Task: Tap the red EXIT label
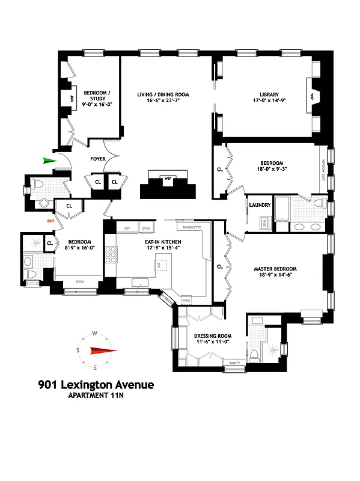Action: point(50,221)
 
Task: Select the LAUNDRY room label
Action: point(260,205)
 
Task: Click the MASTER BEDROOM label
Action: point(275,269)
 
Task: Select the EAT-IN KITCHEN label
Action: point(158,241)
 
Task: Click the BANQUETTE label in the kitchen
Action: point(189,228)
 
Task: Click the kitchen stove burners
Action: point(111,255)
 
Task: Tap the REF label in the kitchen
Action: point(127,228)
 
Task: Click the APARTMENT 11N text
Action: point(96,396)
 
